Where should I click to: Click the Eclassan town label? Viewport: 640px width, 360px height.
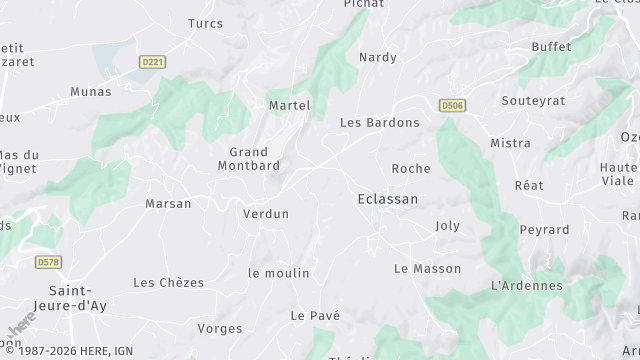click(x=388, y=199)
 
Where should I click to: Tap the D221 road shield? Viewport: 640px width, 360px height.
click(x=152, y=62)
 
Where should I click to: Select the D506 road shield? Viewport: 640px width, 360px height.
click(x=453, y=104)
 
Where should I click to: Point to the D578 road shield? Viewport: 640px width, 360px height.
click(x=47, y=262)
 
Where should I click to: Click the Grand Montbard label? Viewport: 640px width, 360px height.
click(x=248, y=158)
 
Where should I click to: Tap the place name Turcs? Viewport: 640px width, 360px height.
click(x=205, y=23)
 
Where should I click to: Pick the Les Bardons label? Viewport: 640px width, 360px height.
click(x=380, y=123)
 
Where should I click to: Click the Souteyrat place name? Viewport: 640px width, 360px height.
click(x=533, y=101)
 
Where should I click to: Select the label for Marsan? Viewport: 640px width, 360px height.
click(x=168, y=204)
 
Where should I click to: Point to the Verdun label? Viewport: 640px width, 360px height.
click(x=266, y=214)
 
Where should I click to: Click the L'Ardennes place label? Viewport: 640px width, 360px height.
click(x=527, y=286)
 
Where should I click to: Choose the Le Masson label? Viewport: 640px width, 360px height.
click(x=428, y=269)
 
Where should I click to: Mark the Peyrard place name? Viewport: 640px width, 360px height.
click(x=544, y=230)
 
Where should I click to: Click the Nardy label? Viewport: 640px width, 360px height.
click(x=378, y=57)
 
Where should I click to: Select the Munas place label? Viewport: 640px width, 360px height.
click(x=91, y=92)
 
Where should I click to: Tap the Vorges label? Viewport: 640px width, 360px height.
click(x=220, y=328)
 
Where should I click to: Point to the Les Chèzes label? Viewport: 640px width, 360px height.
click(x=168, y=283)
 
